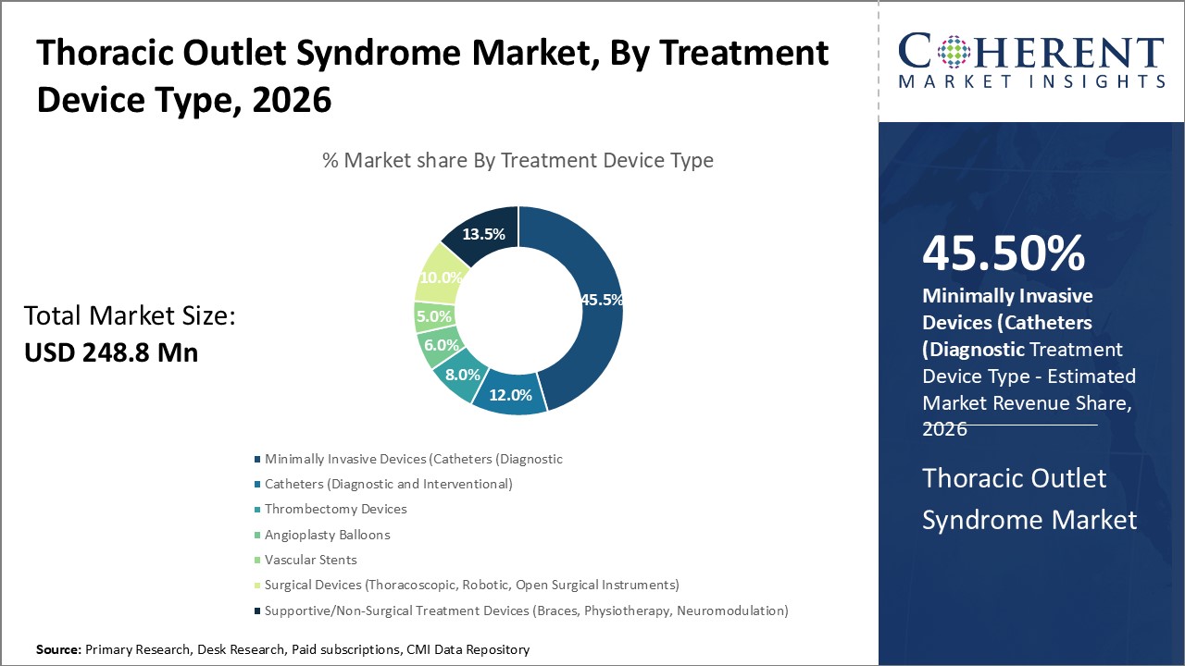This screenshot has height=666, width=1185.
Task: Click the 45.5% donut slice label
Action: point(601,300)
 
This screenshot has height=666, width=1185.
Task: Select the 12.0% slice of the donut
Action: point(510,395)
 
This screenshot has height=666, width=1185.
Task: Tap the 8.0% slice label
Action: point(462,375)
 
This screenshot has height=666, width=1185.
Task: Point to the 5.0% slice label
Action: point(434,316)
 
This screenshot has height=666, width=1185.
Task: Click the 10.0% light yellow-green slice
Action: point(439,277)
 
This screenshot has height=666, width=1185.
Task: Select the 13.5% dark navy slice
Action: point(484,235)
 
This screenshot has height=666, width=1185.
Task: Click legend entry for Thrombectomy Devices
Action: point(335,509)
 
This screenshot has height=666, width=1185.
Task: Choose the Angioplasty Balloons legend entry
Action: point(327,535)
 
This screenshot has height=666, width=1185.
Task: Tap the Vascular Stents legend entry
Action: point(310,560)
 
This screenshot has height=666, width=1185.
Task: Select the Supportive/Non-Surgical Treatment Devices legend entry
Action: point(525,610)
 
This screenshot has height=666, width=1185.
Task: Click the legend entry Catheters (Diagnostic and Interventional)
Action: point(388,484)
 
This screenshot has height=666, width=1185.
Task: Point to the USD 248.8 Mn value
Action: point(110,352)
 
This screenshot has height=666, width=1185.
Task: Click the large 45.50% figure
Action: point(1004,254)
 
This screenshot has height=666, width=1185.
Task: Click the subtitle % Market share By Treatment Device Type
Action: point(518,160)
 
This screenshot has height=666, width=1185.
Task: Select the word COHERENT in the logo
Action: point(1031,53)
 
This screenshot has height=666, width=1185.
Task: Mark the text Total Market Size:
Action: point(130,316)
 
